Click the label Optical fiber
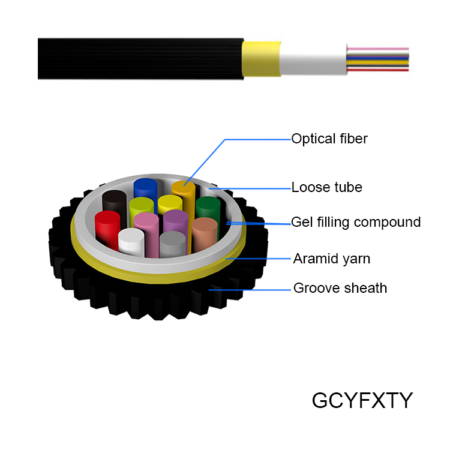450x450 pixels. (329, 139)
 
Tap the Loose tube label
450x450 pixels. (326, 187)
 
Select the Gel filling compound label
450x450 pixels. (356, 222)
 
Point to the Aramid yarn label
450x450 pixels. (331, 259)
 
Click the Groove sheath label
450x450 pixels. (340, 288)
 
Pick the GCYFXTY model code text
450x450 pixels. (362, 400)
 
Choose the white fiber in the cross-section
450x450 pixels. (131, 242)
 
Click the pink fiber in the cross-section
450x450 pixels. (146, 231)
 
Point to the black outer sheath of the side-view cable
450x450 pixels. (138, 59)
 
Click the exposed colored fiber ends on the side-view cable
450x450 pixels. (378, 59)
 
